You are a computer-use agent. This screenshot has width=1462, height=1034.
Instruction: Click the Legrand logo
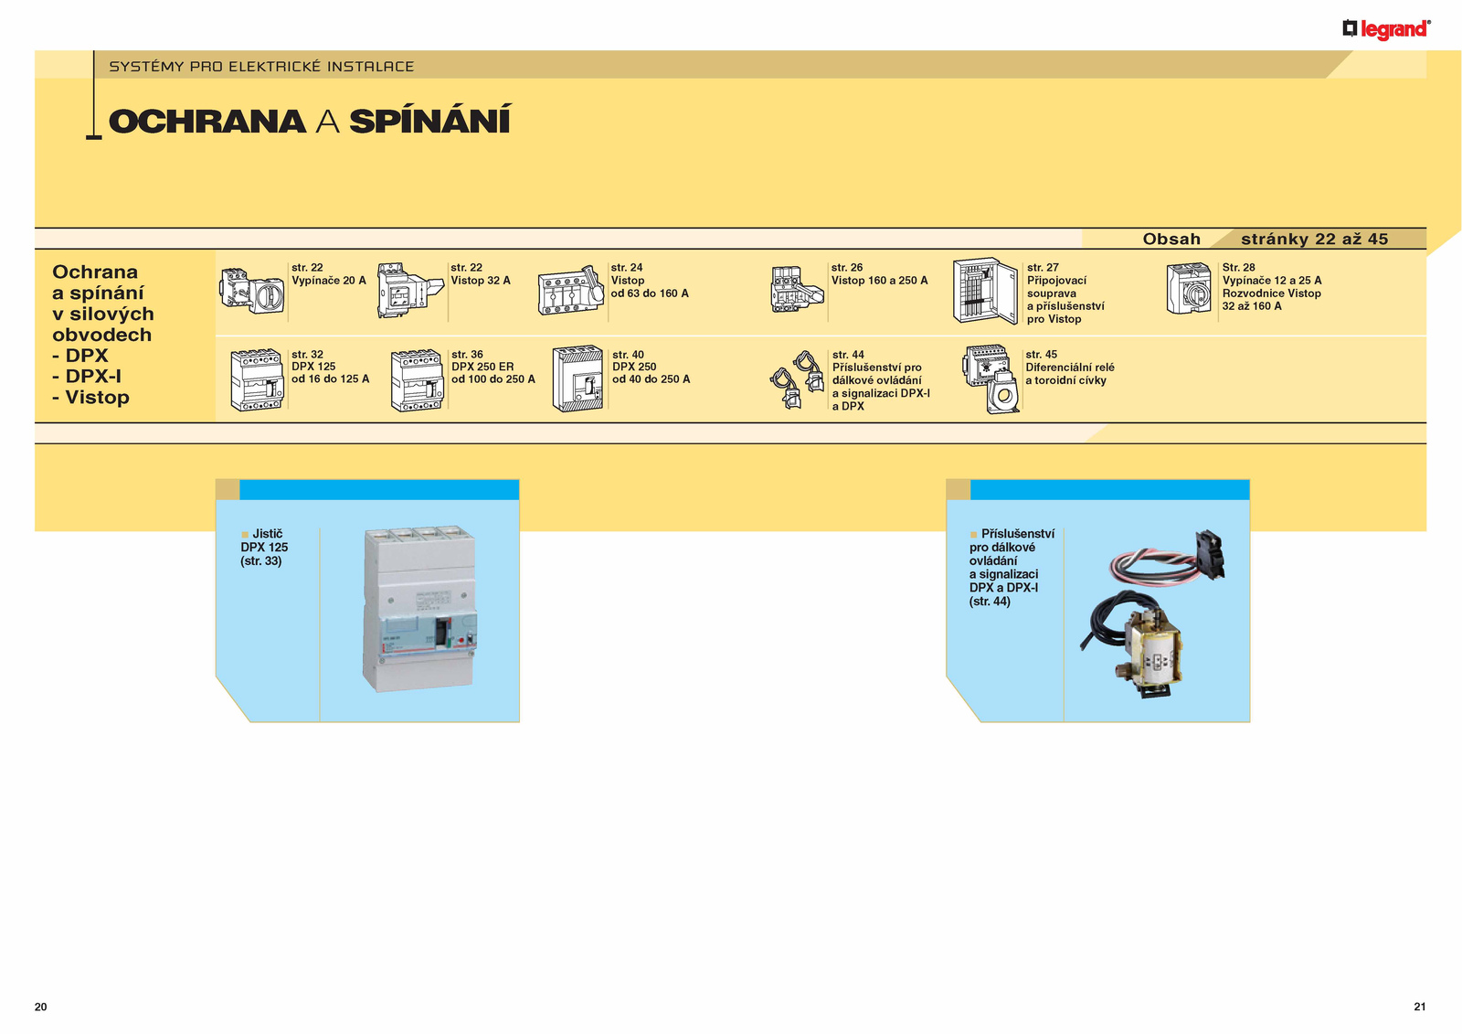click(x=1386, y=29)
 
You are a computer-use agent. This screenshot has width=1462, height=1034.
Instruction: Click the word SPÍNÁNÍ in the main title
click(x=430, y=120)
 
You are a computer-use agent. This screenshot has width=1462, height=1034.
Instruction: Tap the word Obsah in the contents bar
click(x=1171, y=239)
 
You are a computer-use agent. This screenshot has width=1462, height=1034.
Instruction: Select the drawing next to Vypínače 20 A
click(x=252, y=291)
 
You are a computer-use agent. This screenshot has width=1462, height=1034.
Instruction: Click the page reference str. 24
click(x=627, y=267)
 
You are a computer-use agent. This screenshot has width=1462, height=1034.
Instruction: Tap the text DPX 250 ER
click(x=482, y=367)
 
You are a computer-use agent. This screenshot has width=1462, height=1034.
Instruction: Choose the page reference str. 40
click(x=628, y=354)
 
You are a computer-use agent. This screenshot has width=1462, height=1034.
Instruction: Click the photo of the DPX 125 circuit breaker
click(x=419, y=608)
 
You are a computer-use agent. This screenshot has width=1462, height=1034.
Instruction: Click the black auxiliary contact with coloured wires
click(x=1210, y=555)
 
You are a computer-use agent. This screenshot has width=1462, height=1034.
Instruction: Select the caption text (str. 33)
click(x=261, y=561)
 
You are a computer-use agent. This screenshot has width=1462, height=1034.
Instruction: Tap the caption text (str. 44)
click(x=990, y=602)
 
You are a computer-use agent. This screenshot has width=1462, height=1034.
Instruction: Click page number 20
click(x=40, y=1007)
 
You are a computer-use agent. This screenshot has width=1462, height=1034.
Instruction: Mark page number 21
click(x=1420, y=1007)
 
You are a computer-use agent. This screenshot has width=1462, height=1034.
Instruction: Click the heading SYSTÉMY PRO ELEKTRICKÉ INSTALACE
click(x=261, y=67)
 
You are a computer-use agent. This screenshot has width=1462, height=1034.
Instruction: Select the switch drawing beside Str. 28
click(x=1189, y=289)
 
